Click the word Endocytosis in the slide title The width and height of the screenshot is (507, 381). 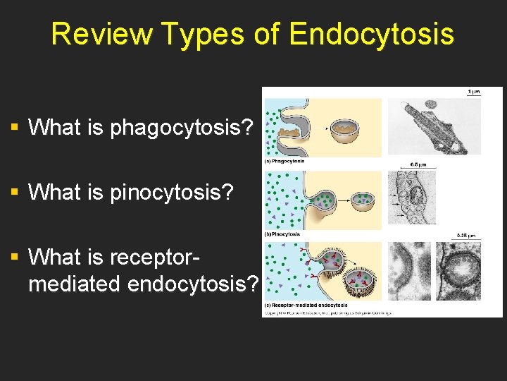point(371,34)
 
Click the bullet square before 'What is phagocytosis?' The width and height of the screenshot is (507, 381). point(14,128)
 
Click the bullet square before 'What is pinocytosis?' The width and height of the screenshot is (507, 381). point(14,191)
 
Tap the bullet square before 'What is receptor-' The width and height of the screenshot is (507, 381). point(14,256)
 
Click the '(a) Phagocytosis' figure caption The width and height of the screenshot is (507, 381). point(285,162)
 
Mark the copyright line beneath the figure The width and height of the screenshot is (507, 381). point(327,313)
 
